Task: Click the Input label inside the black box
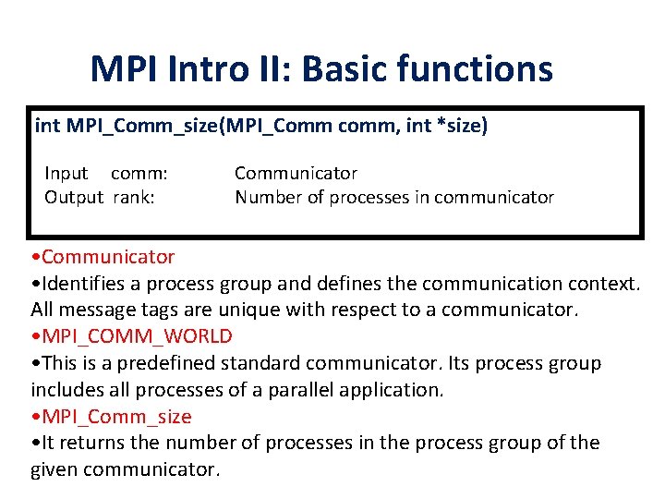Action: pos(66,173)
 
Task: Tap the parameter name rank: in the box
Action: pos(134,197)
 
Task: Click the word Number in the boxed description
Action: pos(268,197)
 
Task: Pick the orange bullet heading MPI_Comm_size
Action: pos(115,416)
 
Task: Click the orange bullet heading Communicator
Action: pos(107,256)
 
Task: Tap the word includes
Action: pos(66,389)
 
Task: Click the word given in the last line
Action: pos(57,469)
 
